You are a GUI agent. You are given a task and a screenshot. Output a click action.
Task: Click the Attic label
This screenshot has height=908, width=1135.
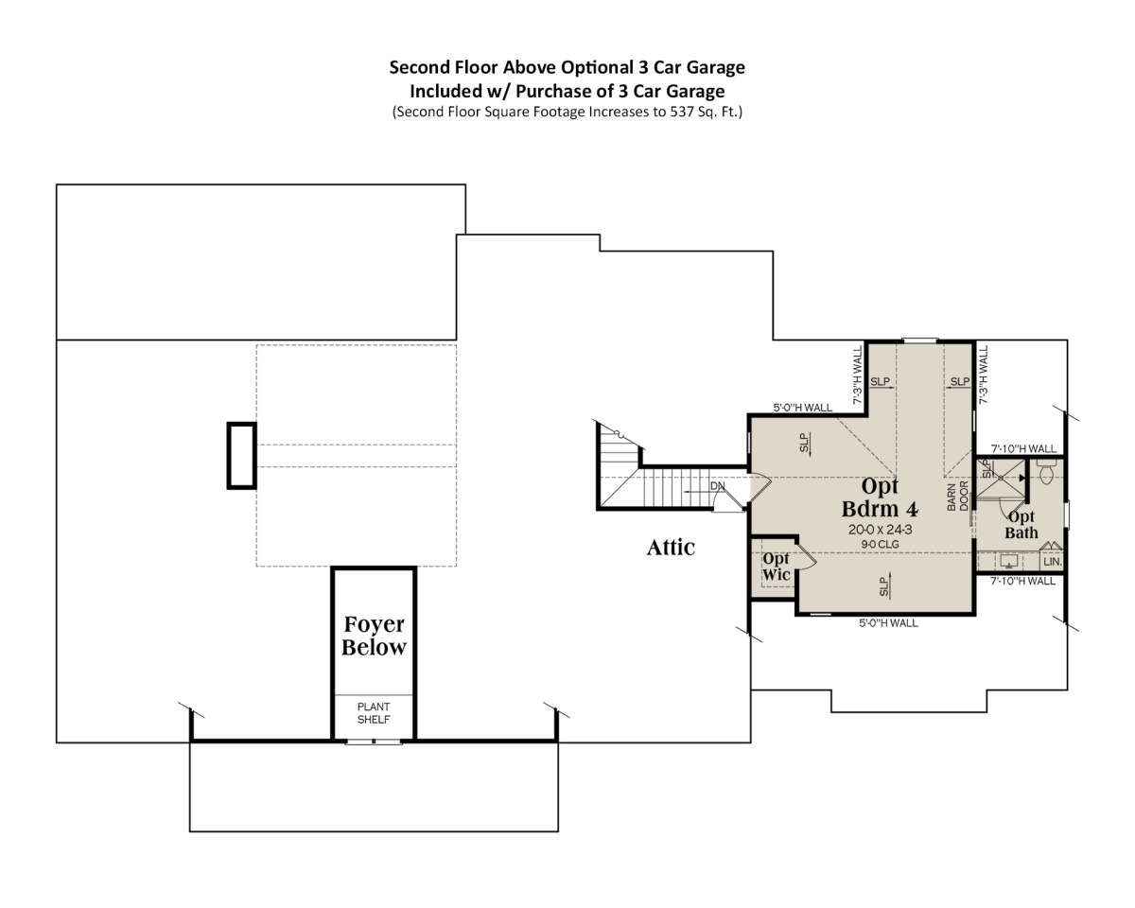(x=671, y=548)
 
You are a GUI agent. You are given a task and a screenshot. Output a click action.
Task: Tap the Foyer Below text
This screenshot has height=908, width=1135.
(x=374, y=636)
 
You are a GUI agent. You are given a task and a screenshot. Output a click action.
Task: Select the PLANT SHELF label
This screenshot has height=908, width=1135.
(x=374, y=713)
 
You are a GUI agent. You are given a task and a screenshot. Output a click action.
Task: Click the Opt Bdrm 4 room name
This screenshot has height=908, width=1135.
(x=880, y=498)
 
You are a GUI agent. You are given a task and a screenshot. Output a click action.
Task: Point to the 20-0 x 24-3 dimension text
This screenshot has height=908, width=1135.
(x=880, y=529)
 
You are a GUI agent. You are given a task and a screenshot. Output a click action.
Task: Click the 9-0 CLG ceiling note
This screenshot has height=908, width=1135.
(x=880, y=544)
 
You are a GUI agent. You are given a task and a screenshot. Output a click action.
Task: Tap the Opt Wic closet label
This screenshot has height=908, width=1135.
(x=776, y=567)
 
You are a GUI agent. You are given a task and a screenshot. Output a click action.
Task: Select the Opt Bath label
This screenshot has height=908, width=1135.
(x=1021, y=525)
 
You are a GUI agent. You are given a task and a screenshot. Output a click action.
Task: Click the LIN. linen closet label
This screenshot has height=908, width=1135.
(x=1052, y=562)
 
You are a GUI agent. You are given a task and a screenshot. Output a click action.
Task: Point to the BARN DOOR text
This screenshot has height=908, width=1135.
(x=958, y=497)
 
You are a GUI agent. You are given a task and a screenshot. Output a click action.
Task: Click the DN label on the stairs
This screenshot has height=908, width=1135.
(x=717, y=486)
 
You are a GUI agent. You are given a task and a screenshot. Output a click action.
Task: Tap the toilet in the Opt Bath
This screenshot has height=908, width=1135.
(x=1045, y=472)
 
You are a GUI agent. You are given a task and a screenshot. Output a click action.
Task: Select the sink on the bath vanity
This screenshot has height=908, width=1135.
(x=1008, y=560)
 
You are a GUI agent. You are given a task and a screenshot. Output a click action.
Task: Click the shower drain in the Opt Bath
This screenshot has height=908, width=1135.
(x=1000, y=478)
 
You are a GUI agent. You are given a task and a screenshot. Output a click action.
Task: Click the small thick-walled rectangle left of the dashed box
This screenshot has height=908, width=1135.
(x=242, y=456)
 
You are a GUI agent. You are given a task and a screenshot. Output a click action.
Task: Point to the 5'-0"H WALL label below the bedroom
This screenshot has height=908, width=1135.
(x=888, y=623)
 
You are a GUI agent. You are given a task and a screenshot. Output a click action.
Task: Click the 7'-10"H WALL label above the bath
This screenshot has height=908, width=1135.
(x=1023, y=449)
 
